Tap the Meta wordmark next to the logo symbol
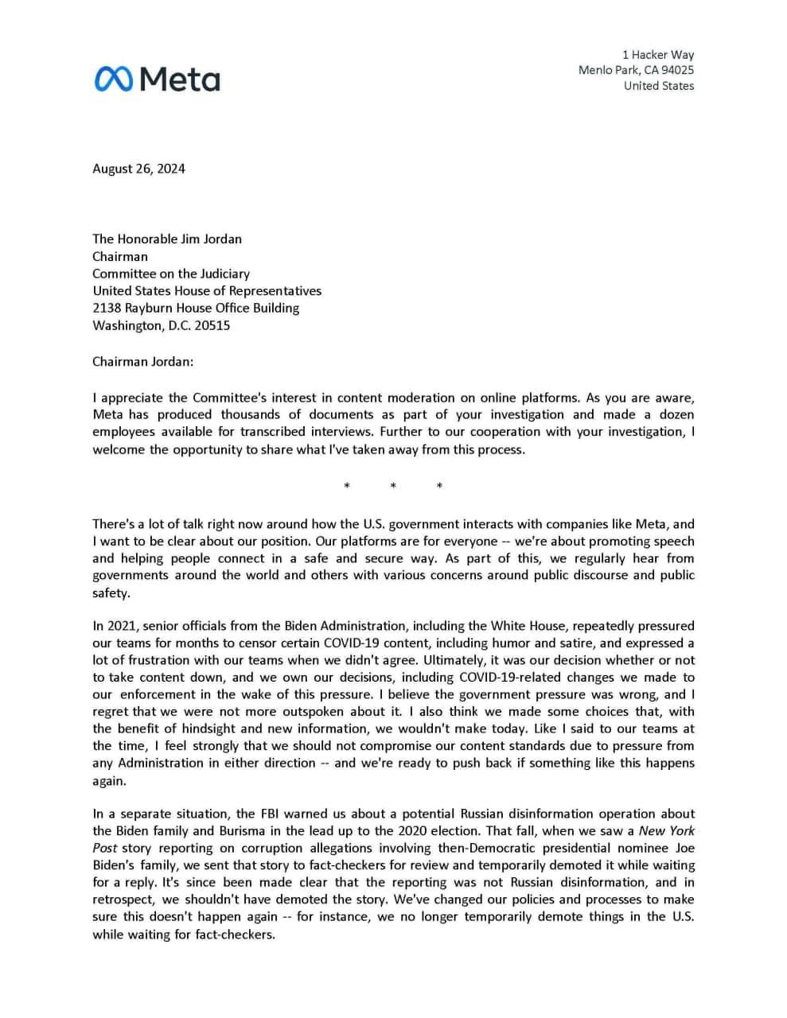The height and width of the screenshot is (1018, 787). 181,80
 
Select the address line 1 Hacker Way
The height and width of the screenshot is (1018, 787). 657,55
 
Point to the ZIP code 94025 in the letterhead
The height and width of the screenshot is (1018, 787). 676,70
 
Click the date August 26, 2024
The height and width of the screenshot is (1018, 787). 138,169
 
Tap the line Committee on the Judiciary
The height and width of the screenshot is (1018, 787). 170,274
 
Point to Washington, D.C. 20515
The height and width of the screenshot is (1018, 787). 161,325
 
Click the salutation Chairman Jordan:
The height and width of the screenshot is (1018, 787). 142,361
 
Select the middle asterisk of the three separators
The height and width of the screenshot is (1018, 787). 393,487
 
